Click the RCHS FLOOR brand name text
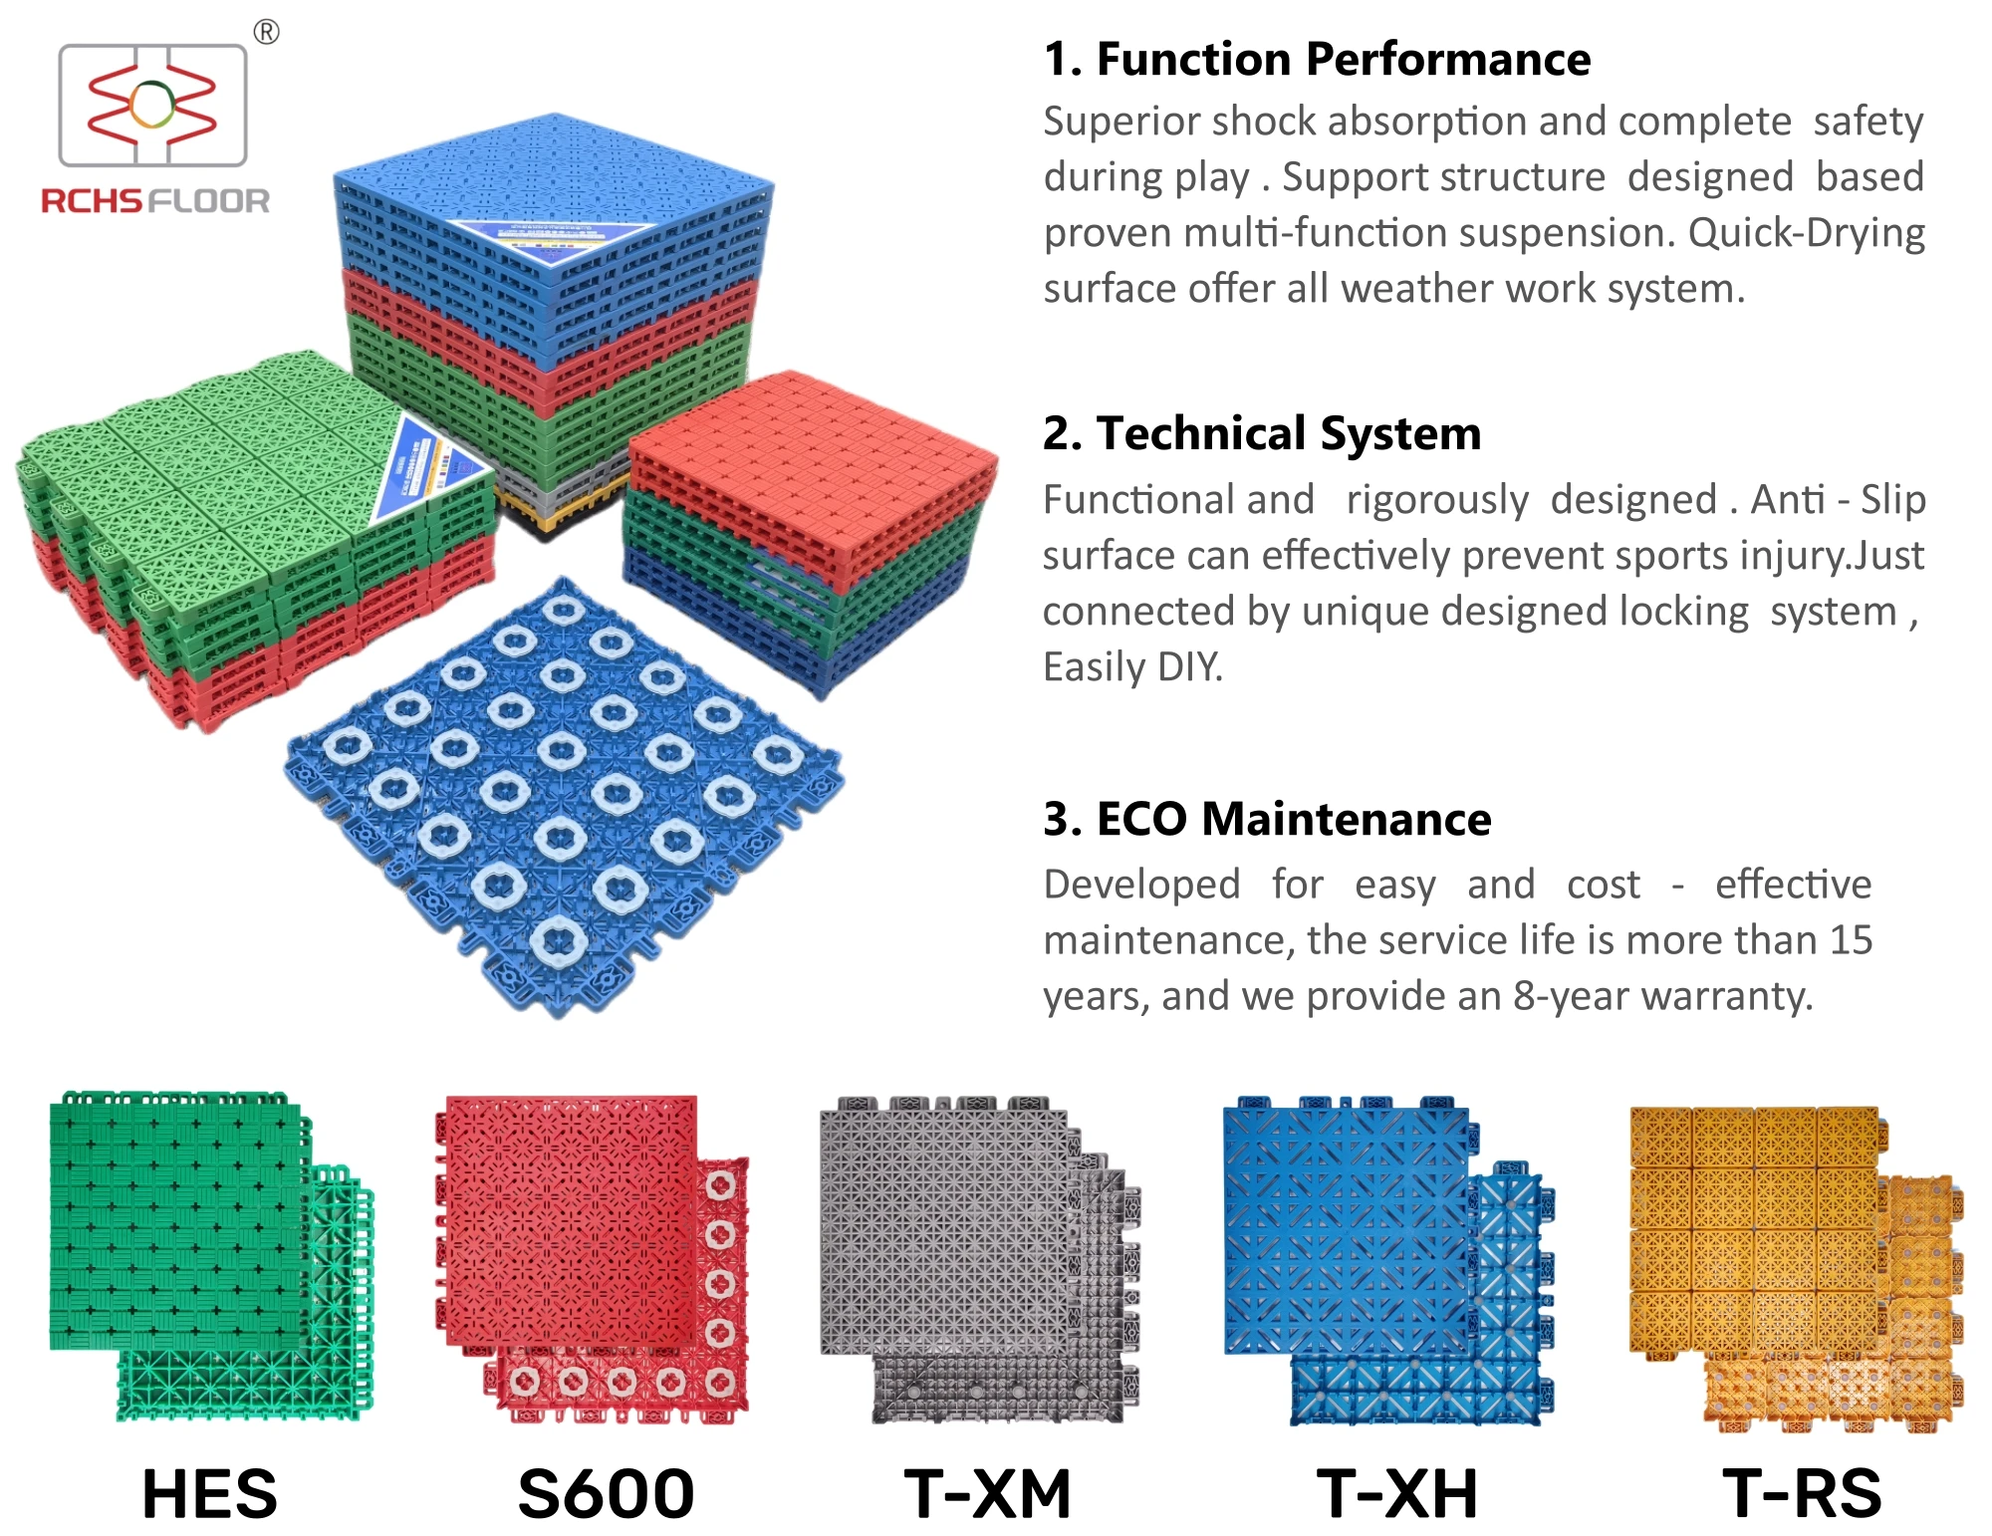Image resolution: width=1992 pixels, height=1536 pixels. tap(155, 201)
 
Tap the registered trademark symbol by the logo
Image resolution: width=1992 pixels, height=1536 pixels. tap(266, 33)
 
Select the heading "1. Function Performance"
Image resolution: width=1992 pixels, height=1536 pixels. tap(1317, 60)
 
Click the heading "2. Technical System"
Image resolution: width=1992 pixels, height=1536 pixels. tap(1262, 434)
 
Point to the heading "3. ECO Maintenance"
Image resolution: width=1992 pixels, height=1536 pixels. tap(1267, 820)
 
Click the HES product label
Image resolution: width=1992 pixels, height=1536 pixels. tap(210, 1494)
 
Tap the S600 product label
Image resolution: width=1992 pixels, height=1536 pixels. tap(606, 1494)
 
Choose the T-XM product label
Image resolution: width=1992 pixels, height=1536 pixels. tap(987, 1494)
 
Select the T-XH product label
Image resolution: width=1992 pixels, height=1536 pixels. tap(1396, 1494)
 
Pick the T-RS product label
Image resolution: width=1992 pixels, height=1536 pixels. tap(1802, 1494)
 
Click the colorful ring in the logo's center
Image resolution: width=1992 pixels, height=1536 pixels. tap(151, 105)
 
